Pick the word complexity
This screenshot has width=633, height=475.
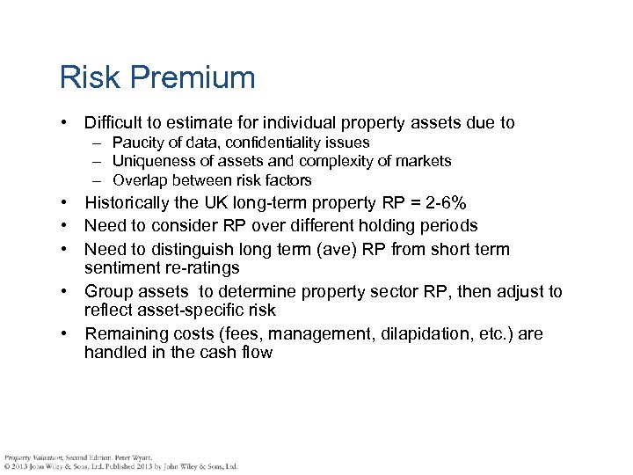(x=334, y=161)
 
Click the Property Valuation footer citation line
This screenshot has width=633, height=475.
(x=79, y=457)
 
